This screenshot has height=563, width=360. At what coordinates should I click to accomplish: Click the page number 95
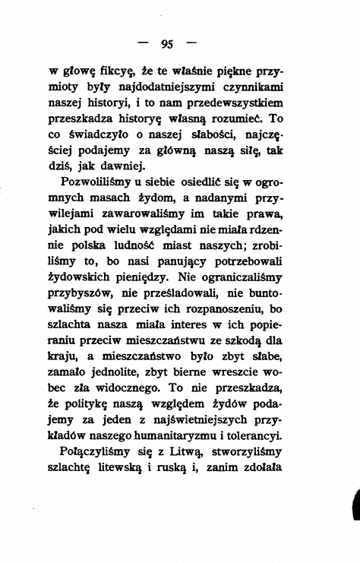click(x=179, y=43)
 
